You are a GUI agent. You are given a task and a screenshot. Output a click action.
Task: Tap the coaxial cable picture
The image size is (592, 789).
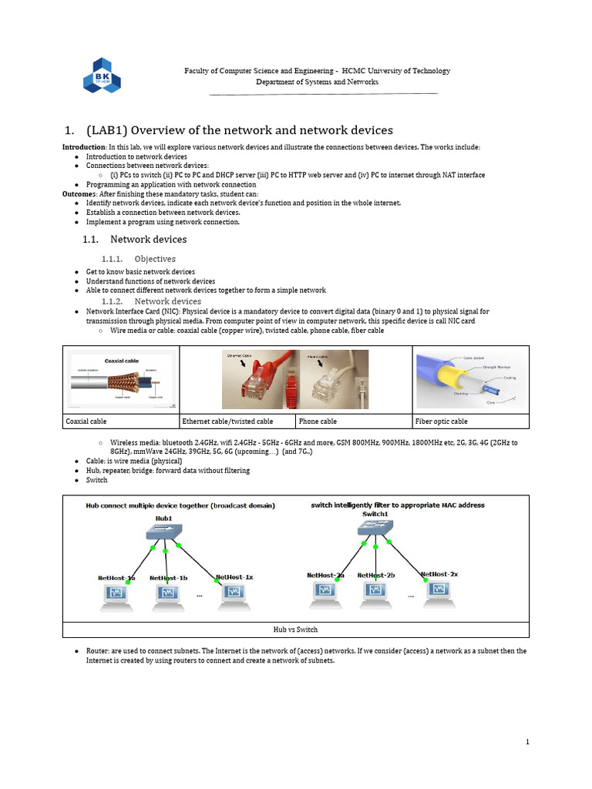tap(120, 381)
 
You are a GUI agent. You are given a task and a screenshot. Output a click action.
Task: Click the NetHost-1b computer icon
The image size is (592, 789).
tap(168, 594)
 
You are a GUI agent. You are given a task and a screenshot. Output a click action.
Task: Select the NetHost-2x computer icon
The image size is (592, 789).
tap(438, 591)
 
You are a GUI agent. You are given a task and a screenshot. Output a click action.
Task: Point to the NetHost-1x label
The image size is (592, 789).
tap(234, 576)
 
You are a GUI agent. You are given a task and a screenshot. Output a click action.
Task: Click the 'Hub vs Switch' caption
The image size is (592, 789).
tap(295, 629)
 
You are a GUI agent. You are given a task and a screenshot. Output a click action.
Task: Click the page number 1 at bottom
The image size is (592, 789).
tap(527, 742)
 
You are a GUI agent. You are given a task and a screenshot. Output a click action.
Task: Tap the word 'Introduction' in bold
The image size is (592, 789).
tap(83, 147)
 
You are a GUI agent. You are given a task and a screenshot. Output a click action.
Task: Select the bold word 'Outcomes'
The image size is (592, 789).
tap(79, 194)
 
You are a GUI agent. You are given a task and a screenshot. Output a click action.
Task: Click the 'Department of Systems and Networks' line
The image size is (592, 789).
tap(317, 82)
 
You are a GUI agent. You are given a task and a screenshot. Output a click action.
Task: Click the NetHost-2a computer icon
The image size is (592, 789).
tap(326, 591)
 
